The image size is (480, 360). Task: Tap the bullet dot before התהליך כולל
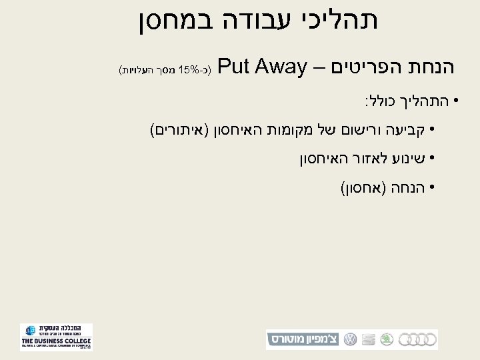[455, 102]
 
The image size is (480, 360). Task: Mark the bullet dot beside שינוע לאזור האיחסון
[432, 159]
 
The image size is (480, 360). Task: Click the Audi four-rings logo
[421, 339]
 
